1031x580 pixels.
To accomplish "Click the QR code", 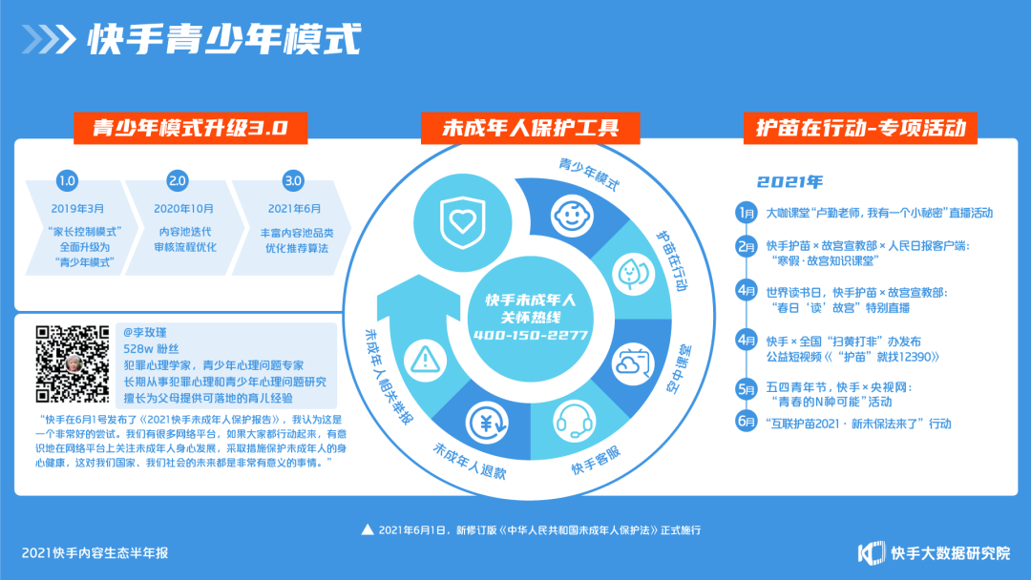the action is pos(73,363).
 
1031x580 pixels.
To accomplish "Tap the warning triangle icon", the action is pos(422,360).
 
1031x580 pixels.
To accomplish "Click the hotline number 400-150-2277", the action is pos(530,336).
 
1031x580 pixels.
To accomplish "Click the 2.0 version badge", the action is pos(178,180).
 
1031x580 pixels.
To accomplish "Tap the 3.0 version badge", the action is pos(293,180).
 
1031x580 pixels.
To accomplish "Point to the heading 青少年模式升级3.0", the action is pos(180,129).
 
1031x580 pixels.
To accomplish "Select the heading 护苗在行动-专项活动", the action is pos(859,129).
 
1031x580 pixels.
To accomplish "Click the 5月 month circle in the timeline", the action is pos(747,389).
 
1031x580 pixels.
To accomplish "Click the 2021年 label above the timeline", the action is pos(789,181).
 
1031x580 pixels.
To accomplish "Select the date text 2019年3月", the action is pos(78,207).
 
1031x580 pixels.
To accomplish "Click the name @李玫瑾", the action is pos(146,333).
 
